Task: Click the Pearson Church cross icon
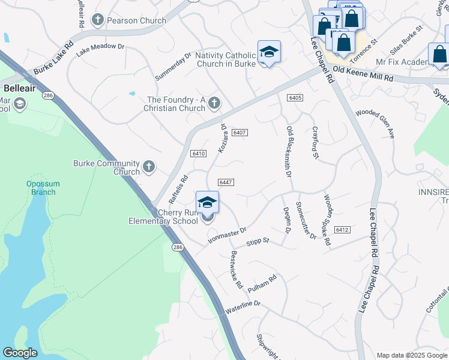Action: [96, 20]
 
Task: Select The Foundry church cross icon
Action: [213, 104]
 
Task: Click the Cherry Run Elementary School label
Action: [163, 217]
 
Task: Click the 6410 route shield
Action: [199, 154]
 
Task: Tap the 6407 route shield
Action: [240, 132]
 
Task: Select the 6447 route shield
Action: [226, 182]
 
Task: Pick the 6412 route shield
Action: [342, 230]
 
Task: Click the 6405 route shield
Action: [294, 97]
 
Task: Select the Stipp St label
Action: [258, 242]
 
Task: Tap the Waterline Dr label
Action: [243, 307]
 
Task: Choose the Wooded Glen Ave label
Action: [375, 124]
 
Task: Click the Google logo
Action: [20, 353]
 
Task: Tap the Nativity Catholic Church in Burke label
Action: [226, 59]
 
